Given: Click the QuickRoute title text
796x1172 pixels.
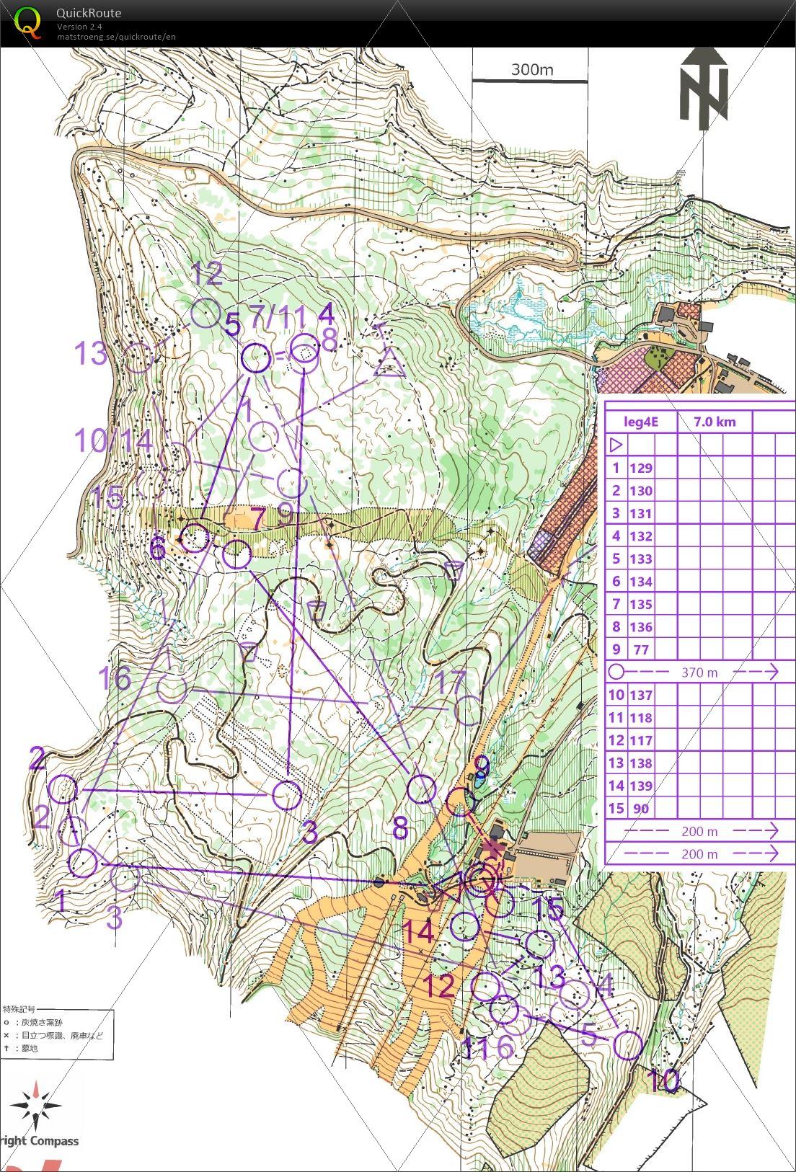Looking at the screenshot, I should (x=89, y=12).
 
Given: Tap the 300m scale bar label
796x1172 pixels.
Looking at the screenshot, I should (x=531, y=69).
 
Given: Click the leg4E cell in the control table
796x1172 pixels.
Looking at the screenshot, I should (x=641, y=422).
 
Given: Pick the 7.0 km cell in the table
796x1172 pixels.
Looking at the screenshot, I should (x=715, y=422).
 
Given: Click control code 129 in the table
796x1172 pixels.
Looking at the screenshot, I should (x=640, y=468).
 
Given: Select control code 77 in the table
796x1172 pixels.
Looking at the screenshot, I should (x=640, y=649).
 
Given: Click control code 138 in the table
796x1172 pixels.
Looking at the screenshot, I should (x=640, y=763).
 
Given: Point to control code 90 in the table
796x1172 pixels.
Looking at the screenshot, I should (x=640, y=809).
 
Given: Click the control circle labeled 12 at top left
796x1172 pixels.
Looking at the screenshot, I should (x=206, y=314).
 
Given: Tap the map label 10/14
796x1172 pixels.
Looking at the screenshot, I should (x=114, y=440).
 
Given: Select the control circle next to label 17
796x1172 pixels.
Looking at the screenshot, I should (x=469, y=710).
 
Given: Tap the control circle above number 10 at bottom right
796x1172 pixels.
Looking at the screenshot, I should (x=628, y=1045).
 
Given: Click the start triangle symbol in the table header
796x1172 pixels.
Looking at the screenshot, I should (x=616, y=445).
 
